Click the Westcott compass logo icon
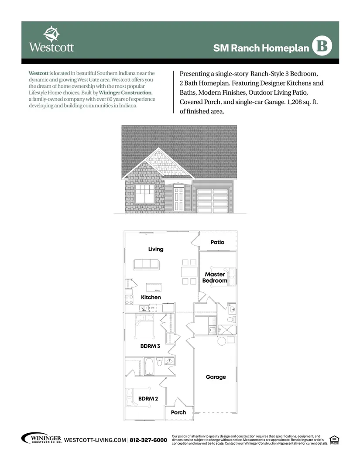pyautogui.click(x=51, y=33)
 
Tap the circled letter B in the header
pyautogui.click(x=322, y=46)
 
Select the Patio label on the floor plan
pyautogui.click(x=217, y=242)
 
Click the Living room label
pyautogui.click(x=156, y=249)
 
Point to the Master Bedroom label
pyautogui.click(x=215, y=278)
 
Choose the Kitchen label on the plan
pyautogui.click(x=151, y=297)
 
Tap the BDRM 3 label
pyautogui.click(x=150, y=346)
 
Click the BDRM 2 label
pyautogui.click(x=148, y=398)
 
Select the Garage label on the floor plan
pyautogui.click(x=216, y=377)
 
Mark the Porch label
pyautogui.click(x=178, y=412)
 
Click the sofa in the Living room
pyautogui.click(x=146, y=264)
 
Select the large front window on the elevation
pyautogui.click(x=144, y=193)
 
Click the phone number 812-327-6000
pyautogui.click(x=149, y=440)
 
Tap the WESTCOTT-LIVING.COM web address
pyautogui.click(x=95, y=440)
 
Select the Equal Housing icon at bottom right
pyautogui.click(x=335, y=439)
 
